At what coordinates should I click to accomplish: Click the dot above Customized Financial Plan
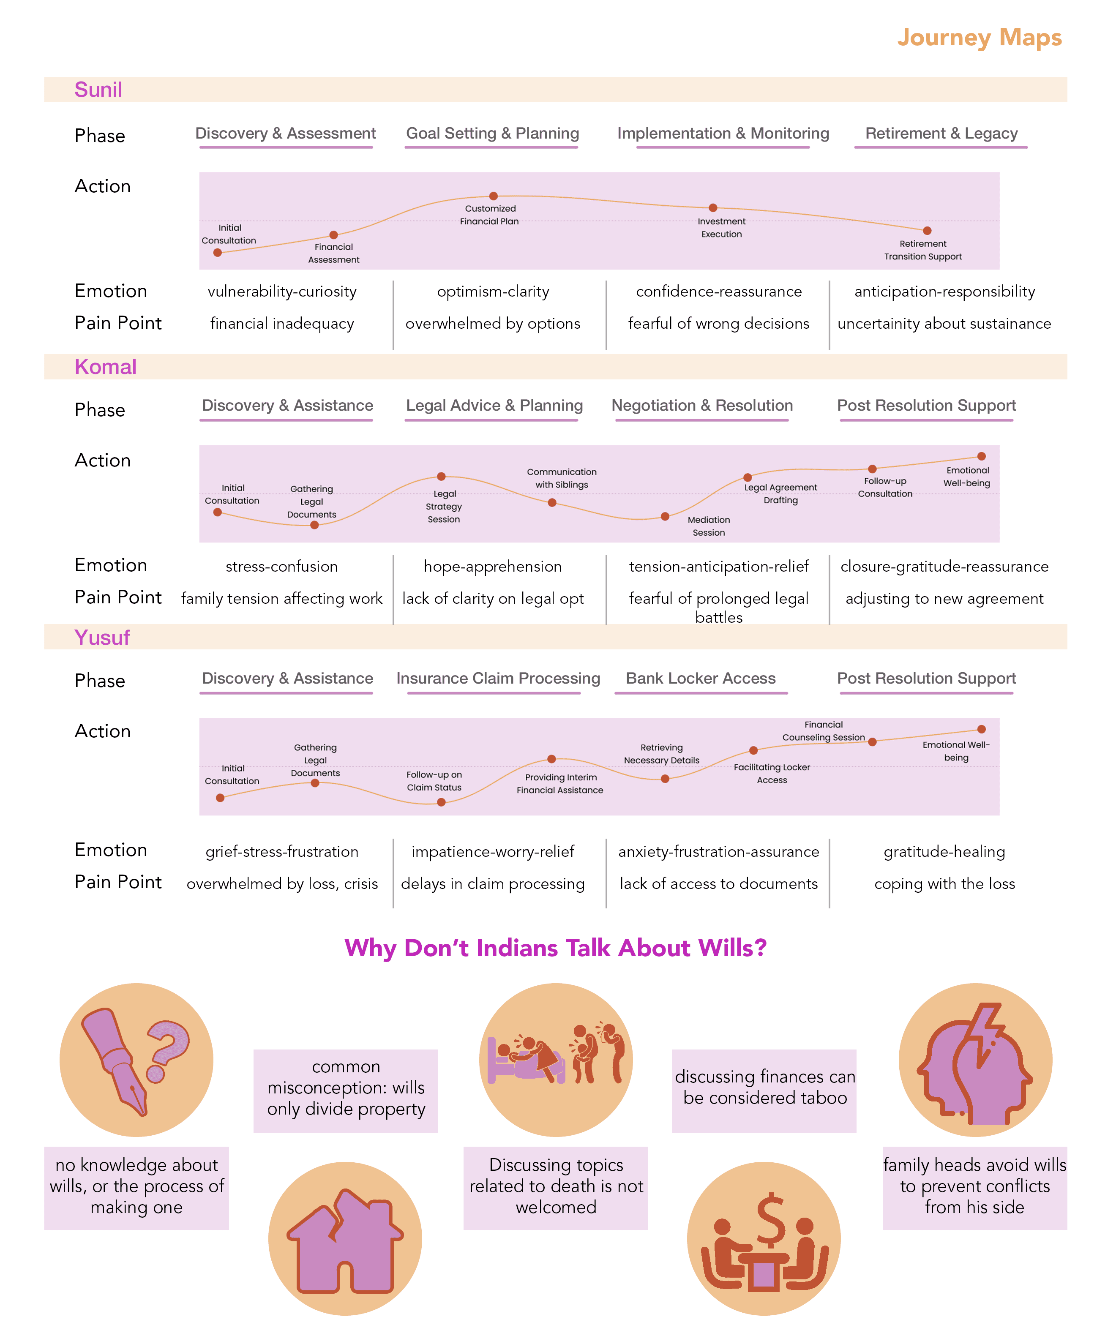pos(493,196)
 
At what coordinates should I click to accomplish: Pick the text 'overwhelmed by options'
pos(493,324)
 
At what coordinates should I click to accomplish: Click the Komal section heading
pos(105,367)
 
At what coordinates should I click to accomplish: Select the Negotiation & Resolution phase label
pos(702,406)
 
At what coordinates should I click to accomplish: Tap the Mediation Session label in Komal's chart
pos(709,526)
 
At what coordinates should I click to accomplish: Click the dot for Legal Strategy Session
pos(441,477)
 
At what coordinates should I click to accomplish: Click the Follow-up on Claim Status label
pos(434,781)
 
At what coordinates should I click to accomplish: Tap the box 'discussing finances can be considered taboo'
pos(764,1088)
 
